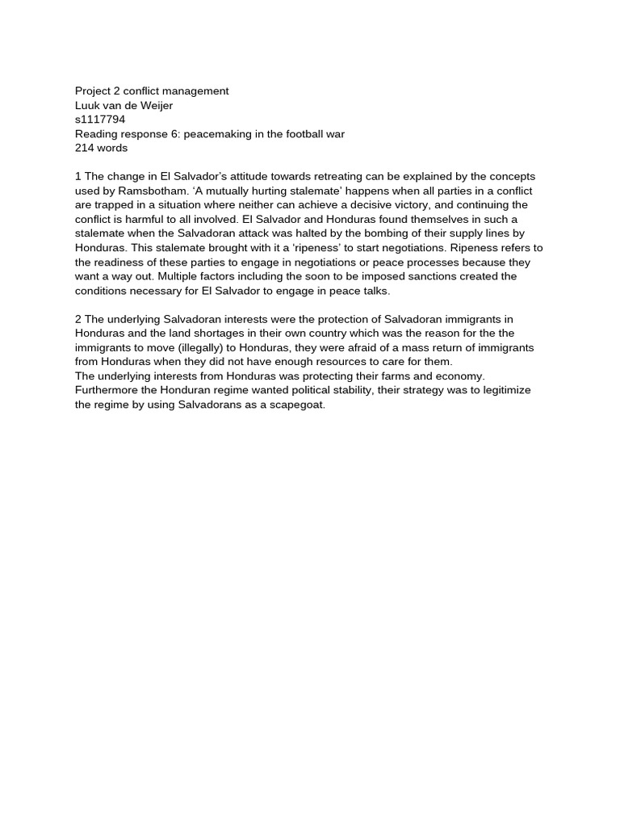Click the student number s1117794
(x=100, y=120)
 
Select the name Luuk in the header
(x=88, y=106)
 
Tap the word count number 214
(x=85, y=149)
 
